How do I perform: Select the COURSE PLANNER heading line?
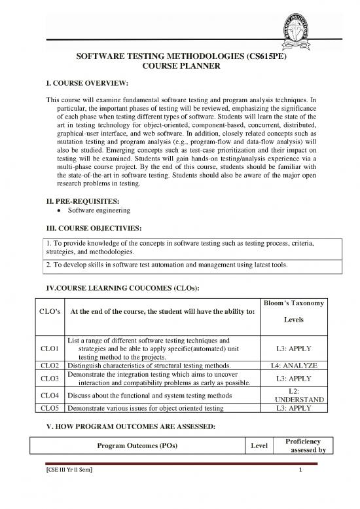[x=180, y=67]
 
